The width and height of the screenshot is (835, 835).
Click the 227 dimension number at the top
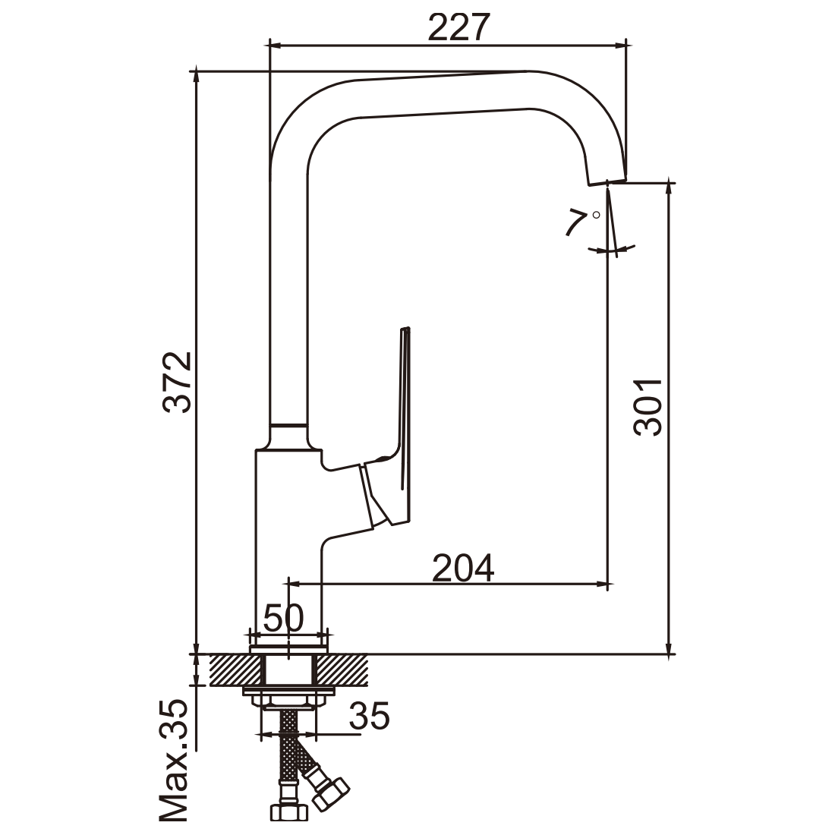pyautogui.click(x=458, y=27)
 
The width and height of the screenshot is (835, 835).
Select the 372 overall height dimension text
pyautogui.click(x=178, y=382)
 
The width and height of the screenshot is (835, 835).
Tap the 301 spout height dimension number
pyautogui.click(x=648, y=408)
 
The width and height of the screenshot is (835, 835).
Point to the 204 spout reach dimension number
pyautogui.click(x=463, y=568)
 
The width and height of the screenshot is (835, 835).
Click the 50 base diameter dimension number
pyautogui.click(x=283, y=618)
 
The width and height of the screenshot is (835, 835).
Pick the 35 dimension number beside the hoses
pyautogui.click(x=370, y=715)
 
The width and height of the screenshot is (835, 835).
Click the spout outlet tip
pyautogui.click(x=607, y=181)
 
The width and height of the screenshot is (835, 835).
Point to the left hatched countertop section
pyautogui.click(x=238, y=670)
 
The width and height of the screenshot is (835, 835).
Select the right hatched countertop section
pyautogui.click(x=342, y=670)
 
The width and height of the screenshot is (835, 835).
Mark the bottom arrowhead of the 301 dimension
pyautogui.click(x=669, y=647)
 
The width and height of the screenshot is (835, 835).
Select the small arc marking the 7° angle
pyautogui.click(x=612, y=249)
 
